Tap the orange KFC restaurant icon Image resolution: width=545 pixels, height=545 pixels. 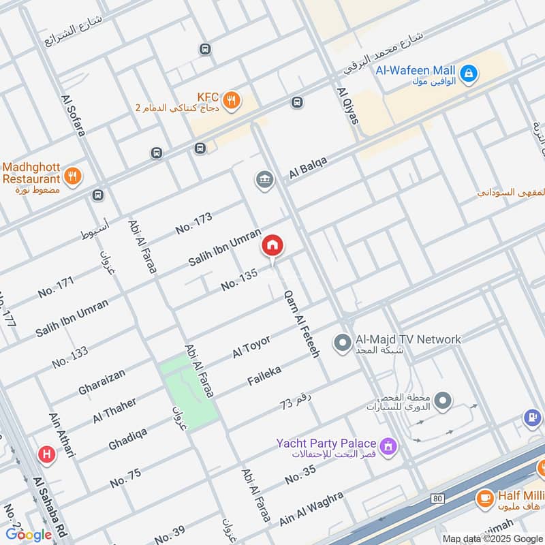[x=233, y=100]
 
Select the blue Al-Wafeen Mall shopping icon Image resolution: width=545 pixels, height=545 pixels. [x=468, y=73]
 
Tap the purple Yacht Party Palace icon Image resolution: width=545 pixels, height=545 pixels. [x=388, y=446]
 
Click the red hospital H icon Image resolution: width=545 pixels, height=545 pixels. [x=46, y=453]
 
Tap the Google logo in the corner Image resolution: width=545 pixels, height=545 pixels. [x=29, y=535]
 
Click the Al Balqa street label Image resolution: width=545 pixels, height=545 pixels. [x=308, y=168]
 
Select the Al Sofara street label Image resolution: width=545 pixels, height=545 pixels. [x=74, y=114]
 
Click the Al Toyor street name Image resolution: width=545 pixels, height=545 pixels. [x=251, y=347]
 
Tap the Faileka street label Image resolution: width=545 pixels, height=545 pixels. [x=264, y=375]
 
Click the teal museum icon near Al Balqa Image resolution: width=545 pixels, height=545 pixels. [x=264, y=181]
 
